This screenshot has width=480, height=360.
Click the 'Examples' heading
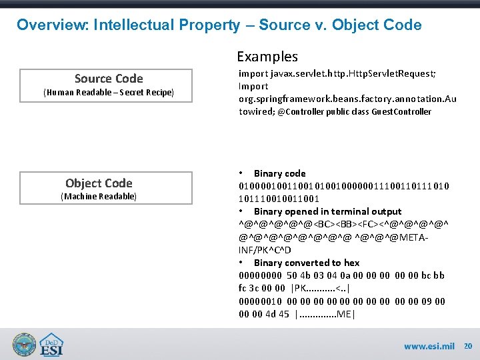(267, 57)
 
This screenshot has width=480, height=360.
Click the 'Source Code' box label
(109, 79)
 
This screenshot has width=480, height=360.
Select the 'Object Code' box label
(99, 183)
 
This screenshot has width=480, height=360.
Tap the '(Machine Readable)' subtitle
(99, 196)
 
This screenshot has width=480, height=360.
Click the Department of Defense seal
(23, 343)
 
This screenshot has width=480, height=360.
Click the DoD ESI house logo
(52, 343)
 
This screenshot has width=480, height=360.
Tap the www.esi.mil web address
(429, 346)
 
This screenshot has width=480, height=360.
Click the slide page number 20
(467, 346)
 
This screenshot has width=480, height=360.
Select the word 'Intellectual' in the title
(134, 25)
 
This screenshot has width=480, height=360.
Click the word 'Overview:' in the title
(53, 25)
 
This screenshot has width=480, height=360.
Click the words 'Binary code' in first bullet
(279, 173)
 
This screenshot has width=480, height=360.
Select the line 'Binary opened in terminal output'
(327, 211)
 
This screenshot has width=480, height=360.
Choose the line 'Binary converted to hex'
(306, 263)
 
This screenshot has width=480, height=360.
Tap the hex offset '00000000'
(260, 275)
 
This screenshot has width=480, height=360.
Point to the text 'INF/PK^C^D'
(265, 250)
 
